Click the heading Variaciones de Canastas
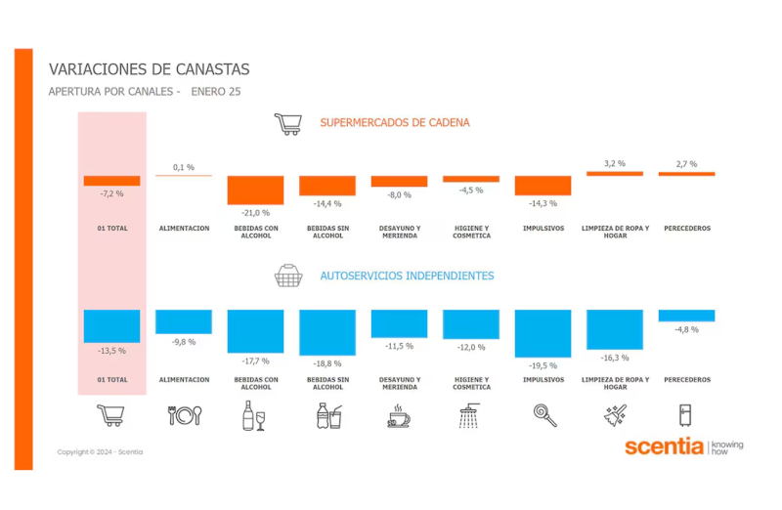coord(149,69)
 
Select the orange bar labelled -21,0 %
coord(255,190)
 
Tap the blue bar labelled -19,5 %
coord(543,333)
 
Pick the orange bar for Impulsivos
coord(543,186)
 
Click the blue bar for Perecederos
coord(686,316)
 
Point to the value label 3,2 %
coord(614,163)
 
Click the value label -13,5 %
coord(112,350)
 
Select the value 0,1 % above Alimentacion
coord(184,167)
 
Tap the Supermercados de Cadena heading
coord(395,123)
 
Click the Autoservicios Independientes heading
coord(407,276)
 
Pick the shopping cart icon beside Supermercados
coord(287,124)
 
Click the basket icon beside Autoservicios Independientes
coord(288,276)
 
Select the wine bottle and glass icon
coord(254,416)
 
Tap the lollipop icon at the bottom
coord(544,415)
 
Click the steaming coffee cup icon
coord(399,416)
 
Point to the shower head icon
coord(470,416)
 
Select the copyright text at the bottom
coord(100,451)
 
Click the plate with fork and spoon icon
coord(184,415)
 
